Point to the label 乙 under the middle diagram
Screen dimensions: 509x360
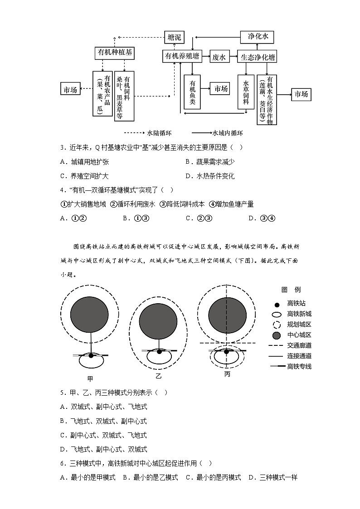[158, 376]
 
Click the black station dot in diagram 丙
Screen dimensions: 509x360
[226, 351]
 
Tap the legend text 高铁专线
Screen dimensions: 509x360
[299, 366]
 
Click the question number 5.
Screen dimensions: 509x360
[62, 393]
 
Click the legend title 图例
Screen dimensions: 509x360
[291, 290]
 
